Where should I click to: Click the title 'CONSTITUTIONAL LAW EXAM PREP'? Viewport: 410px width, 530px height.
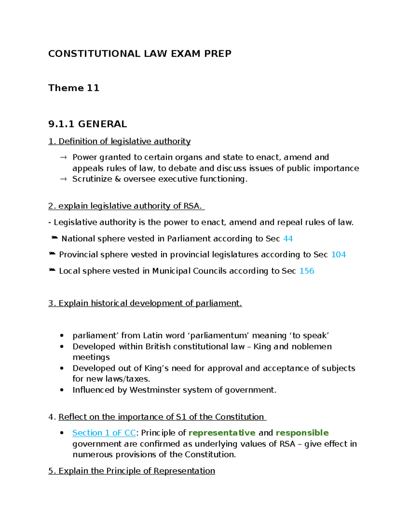[140, 54]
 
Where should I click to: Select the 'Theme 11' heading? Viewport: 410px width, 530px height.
[73, 88]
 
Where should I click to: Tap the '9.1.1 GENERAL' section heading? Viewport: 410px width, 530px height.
[87, 124]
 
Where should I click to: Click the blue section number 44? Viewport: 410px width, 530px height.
[288, 239]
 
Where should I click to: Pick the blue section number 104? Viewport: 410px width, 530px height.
[338, 255]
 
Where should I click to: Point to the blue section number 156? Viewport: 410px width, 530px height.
[306, 271]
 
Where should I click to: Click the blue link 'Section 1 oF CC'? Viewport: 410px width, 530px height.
[104, 433]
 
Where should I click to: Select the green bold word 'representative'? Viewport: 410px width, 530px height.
[222, 433]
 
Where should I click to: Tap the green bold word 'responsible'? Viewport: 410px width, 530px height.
[302, 433]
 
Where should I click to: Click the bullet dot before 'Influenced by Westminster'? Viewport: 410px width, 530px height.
[62, 390]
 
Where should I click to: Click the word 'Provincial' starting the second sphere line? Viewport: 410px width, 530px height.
[76, 255]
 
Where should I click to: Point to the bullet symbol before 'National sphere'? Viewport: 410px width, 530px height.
[54, 238]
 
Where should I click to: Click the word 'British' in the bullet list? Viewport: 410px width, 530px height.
[158, 346]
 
